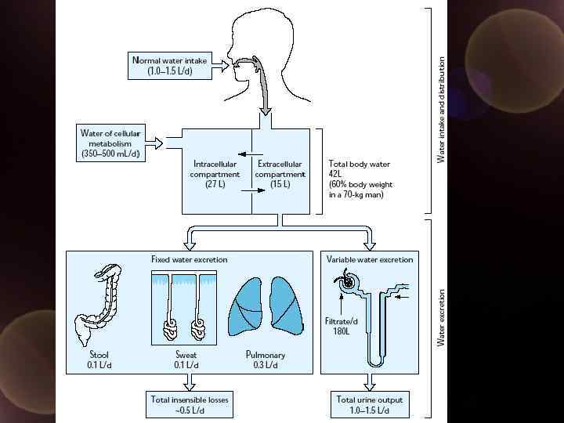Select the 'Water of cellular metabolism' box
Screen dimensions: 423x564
click(x=110, y=143)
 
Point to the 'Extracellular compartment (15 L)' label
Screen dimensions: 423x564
click(x=280, y=174)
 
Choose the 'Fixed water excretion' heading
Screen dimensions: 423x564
click(x=189, y=259)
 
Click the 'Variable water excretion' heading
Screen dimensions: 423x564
click(x=369, y=259)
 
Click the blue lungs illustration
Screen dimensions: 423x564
click(x=265, y=306)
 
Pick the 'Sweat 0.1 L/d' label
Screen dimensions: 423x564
click(x=186, y=360)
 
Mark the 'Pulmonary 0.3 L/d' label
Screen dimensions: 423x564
click(x=266, y=360)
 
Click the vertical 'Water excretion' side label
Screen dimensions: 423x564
click(x=441, y=317)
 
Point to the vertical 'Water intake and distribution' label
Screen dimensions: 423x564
click(x=441, y=110)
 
